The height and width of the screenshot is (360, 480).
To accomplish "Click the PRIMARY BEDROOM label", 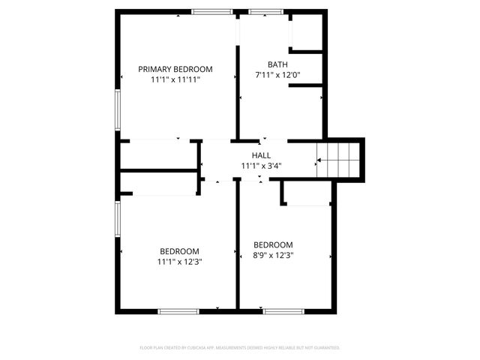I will (x=175, y=69).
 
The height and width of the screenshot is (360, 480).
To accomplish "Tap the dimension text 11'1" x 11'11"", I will (x=175, y=79).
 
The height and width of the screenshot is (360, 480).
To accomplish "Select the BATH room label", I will (x=277, y=64).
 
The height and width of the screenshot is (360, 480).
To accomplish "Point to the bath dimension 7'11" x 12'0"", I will (x=277, y=75).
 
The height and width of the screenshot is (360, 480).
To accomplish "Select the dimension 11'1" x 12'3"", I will (x=180, y=262).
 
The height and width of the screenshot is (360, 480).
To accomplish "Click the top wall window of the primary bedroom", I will (x=212, y=12).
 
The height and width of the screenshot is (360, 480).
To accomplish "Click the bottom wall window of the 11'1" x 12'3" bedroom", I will (x=178, y=310).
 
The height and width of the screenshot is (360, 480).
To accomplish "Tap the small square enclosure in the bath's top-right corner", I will (x=306, y=32).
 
